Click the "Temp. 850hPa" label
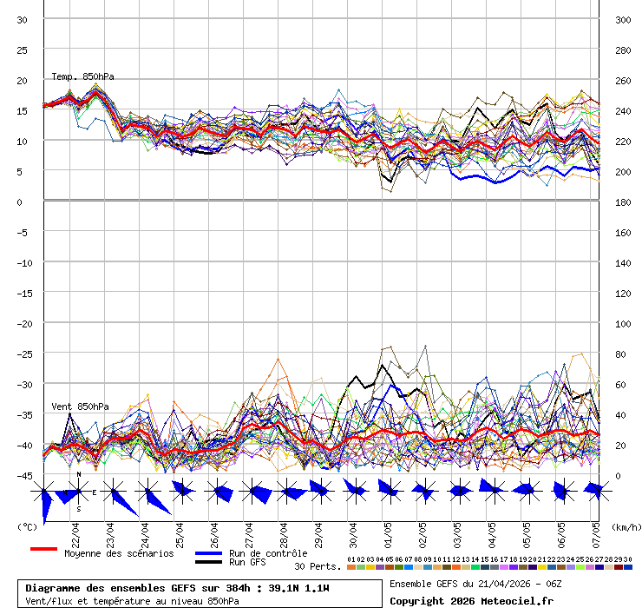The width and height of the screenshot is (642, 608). (82, 77)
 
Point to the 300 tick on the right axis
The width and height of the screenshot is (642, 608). (622, 20)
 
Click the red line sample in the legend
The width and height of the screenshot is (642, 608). (43, 550)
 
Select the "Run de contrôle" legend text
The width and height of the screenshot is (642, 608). (268, 553)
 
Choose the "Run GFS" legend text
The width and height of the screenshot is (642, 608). (247, 563)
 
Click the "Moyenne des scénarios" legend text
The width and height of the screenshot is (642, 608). (119, 553)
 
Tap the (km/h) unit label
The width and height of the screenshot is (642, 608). (625, 527)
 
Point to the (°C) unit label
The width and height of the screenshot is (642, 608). (28, 527)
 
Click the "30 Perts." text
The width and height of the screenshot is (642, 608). (318, 566)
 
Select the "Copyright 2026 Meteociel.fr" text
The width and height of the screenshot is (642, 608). (471, 601)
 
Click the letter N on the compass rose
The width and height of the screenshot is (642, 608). (79, 474)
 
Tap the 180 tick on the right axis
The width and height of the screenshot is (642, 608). (622, 202)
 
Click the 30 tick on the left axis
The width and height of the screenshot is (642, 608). (23, 20)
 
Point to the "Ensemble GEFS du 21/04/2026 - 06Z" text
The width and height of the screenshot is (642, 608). (476, 584)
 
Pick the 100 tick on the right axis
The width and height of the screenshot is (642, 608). (622, 324)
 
